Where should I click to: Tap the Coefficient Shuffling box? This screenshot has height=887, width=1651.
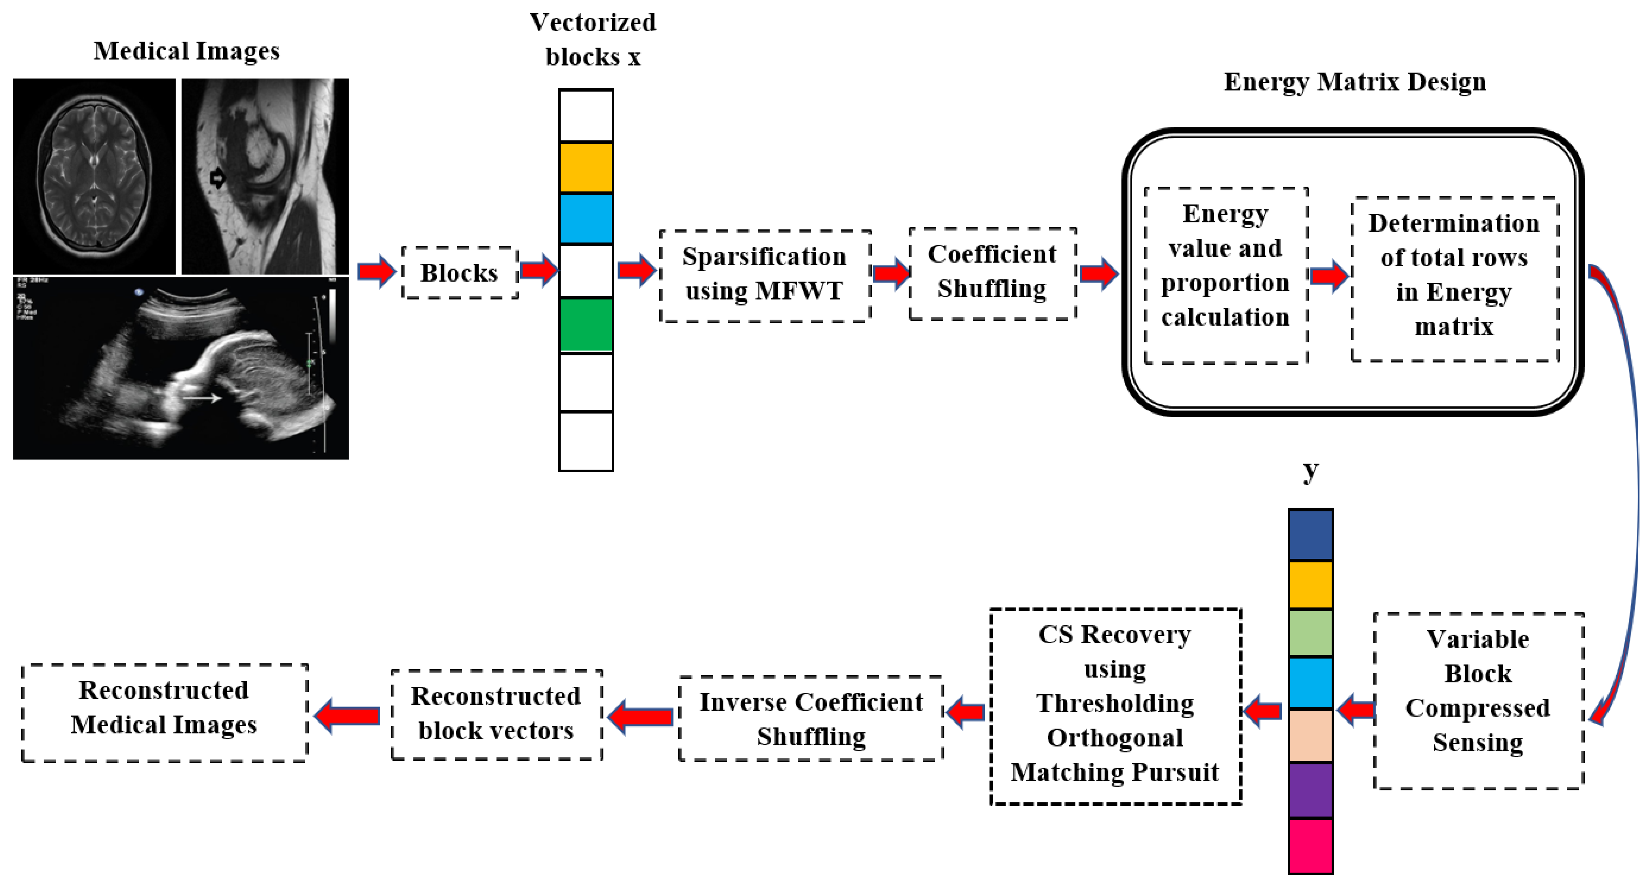[x=992, y=272]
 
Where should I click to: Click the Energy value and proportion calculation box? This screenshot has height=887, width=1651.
[x=1225, y=275]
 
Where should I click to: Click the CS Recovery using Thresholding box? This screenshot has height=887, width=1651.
[x=1115, y=705]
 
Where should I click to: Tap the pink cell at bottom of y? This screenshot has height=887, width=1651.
[x=1310, y=846]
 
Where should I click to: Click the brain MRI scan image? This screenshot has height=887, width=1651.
[x=94, y=176]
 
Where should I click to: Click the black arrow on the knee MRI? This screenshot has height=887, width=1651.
[x=218, y=178]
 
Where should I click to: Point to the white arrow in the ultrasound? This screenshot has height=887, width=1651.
[x=202, y=399]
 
